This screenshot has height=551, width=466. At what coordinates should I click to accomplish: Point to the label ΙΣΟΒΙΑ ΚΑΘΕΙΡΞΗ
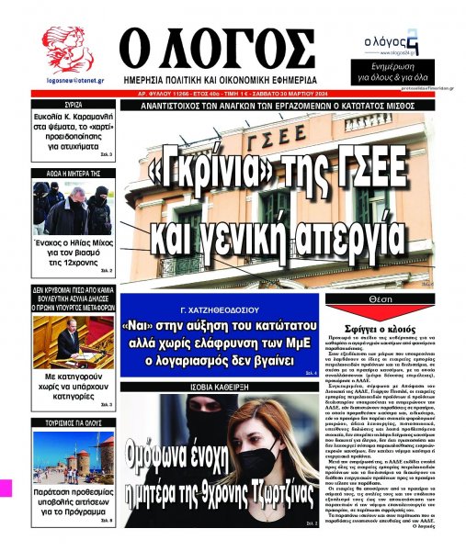pyautogui.click(x=221, y=388)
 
